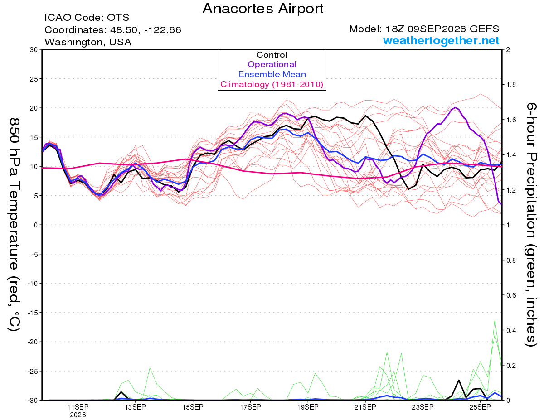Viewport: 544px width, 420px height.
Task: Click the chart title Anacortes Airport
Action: (x=262, y=9)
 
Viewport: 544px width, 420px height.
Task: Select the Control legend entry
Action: (x=272, y=55)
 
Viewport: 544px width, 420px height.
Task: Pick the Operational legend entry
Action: (x=272, y=64)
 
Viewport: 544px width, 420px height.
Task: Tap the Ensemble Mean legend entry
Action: (x=272, y=74)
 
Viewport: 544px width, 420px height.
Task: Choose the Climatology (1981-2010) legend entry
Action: (x=272, y=84)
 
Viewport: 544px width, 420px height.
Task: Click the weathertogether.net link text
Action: (x=441, y=41)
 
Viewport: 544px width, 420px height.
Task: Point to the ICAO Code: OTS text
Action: (x=87, y=18)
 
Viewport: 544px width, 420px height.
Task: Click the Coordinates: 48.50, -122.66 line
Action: (x=113, y=30)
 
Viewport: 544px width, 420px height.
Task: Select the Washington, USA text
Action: (x=88, y=42)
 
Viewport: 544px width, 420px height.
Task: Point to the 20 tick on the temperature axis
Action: (x=34, y=108)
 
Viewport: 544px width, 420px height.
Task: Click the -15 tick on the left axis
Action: (x=33, y=313)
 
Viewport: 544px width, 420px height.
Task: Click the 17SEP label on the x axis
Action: (x=250, y=407)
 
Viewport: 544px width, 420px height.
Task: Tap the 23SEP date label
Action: (x=423, y=407)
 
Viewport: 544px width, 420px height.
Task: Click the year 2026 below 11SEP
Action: (x=78, y=415)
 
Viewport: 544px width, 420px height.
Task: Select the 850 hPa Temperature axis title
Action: (x=14, y=225)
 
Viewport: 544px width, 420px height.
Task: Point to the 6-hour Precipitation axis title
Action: (x=531, y=225)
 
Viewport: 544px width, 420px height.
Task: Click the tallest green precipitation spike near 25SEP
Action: (x=495, y=320)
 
